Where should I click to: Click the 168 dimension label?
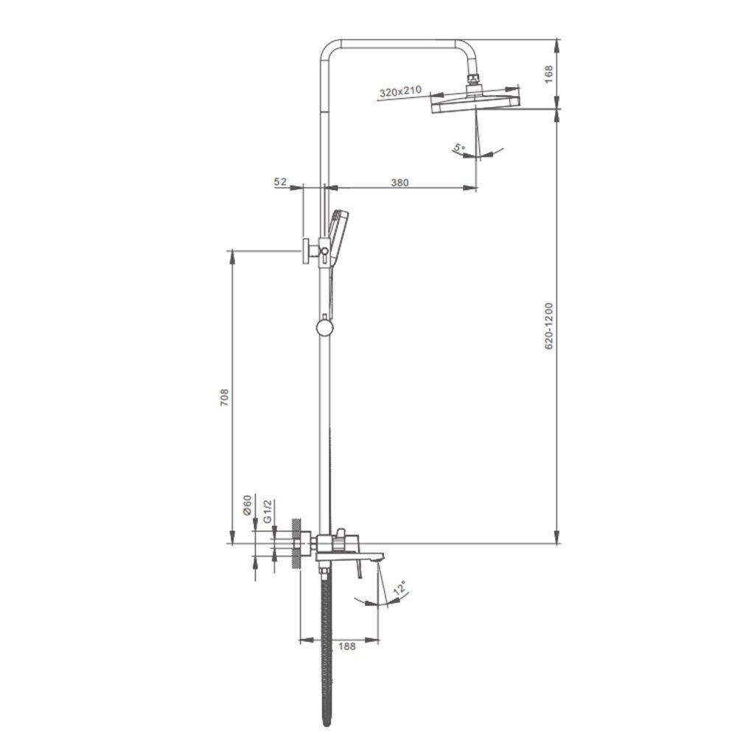pos(548,74)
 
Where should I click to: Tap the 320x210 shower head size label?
pos(400,91)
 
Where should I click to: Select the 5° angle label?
pos(458,149)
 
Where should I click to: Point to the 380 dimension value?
pos(399,182)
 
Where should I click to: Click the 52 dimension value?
pos(280,181)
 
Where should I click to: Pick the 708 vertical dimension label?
pos(224,397)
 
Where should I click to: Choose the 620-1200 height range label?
pos(548,326)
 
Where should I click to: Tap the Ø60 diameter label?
pos(247,506)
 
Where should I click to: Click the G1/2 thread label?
pos(267,511)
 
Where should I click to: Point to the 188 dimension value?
pos(347,646)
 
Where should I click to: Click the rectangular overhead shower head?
pos(476,102)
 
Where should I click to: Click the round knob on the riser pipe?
pos(324,328)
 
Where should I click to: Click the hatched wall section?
pos(296,544)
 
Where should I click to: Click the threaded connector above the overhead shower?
pos(474,80)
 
